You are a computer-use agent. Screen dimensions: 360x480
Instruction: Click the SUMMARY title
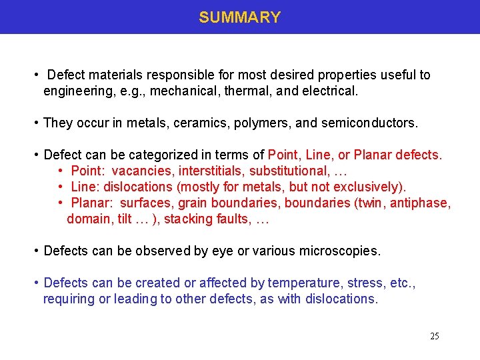(x=240, y=17)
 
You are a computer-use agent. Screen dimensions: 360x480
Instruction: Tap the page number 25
(x=434, y=336)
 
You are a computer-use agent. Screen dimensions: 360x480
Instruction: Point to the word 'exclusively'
(x=369, y=187)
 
